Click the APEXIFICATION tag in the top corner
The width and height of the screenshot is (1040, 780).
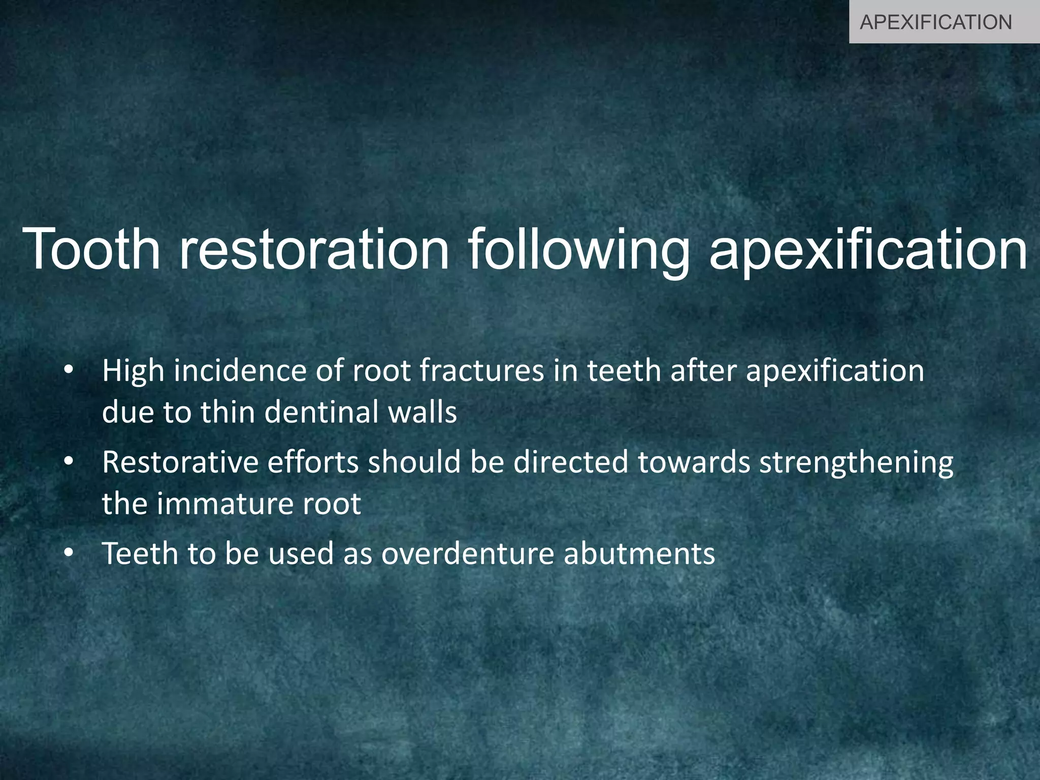pos(936,22)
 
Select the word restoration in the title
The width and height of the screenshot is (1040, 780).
pos(314,249)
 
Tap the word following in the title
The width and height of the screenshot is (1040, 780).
pos(578,249)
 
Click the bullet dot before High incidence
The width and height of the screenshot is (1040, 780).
pos(69,372)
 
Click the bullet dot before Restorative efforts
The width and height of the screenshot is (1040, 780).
pos(69,463)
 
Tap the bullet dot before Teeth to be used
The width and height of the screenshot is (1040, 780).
pos(69,554)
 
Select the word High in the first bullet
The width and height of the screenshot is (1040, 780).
pos(133,371)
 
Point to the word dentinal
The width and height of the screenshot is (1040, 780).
pos(321,412)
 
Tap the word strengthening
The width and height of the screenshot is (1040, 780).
pos(856,463)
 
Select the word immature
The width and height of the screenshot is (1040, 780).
pos(225,504)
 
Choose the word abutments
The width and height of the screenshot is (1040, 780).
pos(639,554)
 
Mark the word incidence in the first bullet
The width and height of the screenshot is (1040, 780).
pos(239,371)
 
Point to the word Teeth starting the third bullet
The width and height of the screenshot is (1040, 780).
pos(140,554)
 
